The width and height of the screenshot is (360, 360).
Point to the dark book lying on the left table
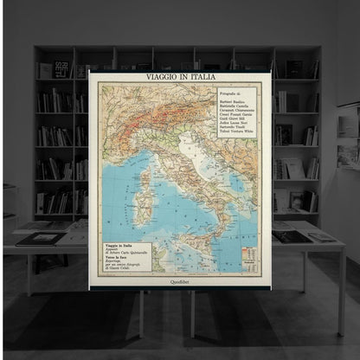[39, 238]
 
